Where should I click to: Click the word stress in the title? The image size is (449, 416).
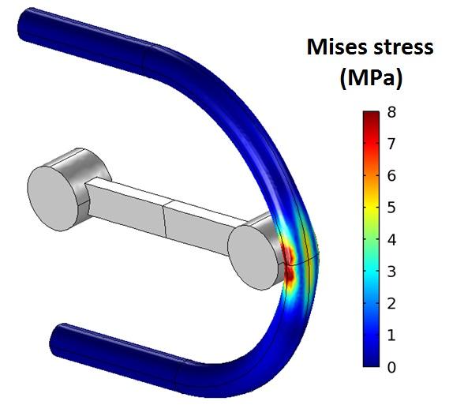(402, 47)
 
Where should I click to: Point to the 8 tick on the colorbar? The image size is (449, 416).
(391, 112)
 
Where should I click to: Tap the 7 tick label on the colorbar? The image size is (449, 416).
(391, 144)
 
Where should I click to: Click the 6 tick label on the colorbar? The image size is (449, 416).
(391, 176)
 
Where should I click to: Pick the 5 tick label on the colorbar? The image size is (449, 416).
(391, 208)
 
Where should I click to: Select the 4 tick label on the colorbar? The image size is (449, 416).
(391, 239)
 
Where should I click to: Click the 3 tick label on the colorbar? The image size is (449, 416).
(391, 272)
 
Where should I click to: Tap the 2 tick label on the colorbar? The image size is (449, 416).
(391, 303)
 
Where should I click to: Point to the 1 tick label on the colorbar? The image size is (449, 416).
(391, 335)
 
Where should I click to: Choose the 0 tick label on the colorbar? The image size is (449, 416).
(391, 367)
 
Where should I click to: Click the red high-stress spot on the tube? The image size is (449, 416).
(288, 264)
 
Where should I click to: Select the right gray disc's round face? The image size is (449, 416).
(253, 255)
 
